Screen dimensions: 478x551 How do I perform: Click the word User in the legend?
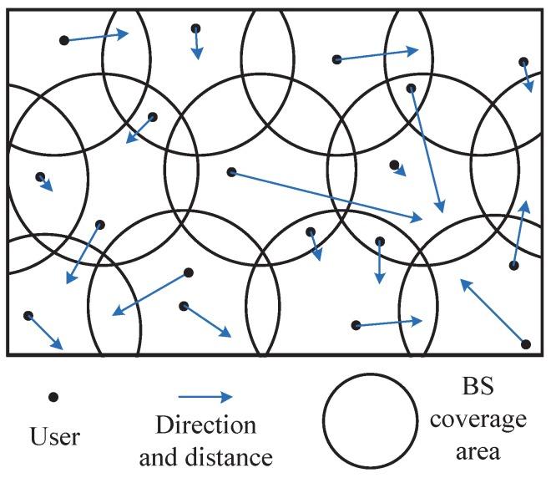click(x=55, y=436)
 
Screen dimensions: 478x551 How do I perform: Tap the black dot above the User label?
click(x=54, y=398)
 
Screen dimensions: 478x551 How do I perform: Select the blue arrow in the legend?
click(x=204, y=398)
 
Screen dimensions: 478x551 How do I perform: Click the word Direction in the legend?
click(x=205, y=425)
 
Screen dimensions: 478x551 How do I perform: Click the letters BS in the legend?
click(x=477, y=386)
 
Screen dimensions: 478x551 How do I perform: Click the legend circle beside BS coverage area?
click(x=371, y=420)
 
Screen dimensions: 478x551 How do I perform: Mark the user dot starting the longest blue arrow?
click(x=232, y=172)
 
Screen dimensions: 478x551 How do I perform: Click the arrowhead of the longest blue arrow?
click(x=420, y=219)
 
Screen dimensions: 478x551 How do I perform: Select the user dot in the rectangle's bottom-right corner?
click(x=525, y=344)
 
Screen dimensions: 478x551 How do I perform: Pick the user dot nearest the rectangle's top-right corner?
click(x=523, y=62)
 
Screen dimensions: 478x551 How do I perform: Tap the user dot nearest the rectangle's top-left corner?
click(x=63, y=40)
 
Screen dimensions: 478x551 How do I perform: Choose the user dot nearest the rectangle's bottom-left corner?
click(x=28, y=316)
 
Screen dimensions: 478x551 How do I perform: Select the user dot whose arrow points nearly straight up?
click(x=514, y=266)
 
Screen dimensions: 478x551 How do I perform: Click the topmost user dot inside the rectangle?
click(x=195, y=28)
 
